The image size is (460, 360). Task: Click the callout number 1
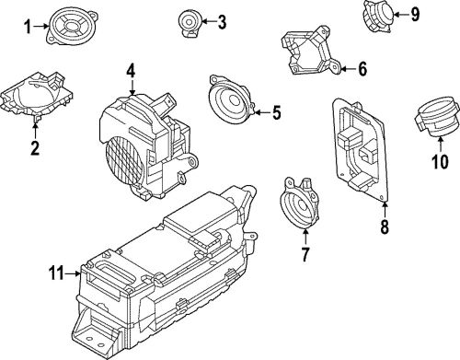[x=28, y=26]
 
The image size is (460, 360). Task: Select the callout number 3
[x=221, y=21]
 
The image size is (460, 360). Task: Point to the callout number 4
[x=131, y=70]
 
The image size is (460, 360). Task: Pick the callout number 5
[x=275, y=114]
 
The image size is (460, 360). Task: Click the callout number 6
[x=362, y=68]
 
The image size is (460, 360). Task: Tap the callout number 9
[x=414, y=13]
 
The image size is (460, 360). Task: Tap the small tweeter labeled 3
[x=190, y=20]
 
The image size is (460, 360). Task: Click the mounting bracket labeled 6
[x=310, y=52]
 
